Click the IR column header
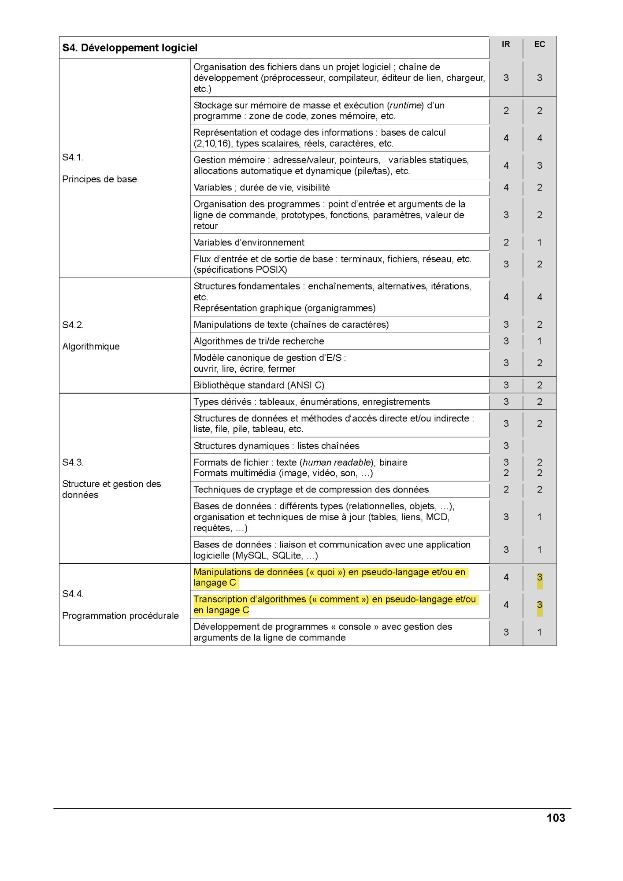(x=506, y=44)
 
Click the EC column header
(x=539, y=44)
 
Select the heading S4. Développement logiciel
(x=130, y=48)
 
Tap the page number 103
(x=556, y=818)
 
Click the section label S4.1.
(x=73, y=157)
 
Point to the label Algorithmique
(x=91, y=346)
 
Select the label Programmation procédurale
(x=120, y=615)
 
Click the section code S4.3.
(x=73, y=462)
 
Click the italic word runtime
(x=405, y=105)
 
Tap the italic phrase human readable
(x=337, y=462)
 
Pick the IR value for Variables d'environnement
(x=506, y=242)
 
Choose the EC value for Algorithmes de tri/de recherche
(x=539, y=341)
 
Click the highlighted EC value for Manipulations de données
(x=539, y=577)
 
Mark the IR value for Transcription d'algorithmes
(x=506, y=605)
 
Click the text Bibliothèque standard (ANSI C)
(x=259, y=385)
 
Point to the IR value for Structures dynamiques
(x=506, y=446)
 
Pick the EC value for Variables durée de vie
(x=539, y=188)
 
